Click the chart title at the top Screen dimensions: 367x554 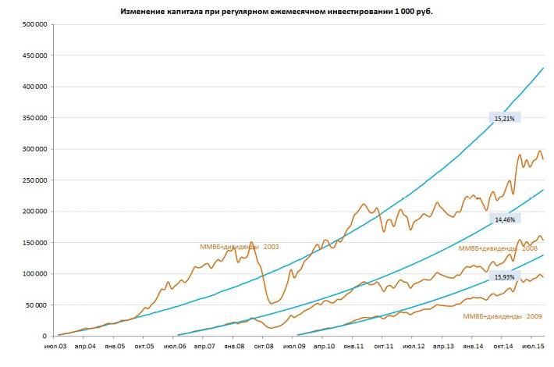coord(277,12)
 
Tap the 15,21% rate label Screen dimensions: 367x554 coord(504,118)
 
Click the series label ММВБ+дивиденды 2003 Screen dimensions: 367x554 coord(240,247)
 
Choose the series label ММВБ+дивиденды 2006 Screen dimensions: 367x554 coord(497,248)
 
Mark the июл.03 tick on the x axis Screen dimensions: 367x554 coord(56,346)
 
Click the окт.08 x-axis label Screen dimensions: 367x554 coord(263,346)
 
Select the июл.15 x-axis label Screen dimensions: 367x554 coord(532,346)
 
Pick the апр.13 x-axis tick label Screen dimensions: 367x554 coord(443,346)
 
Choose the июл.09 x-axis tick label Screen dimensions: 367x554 coord(293,346)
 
